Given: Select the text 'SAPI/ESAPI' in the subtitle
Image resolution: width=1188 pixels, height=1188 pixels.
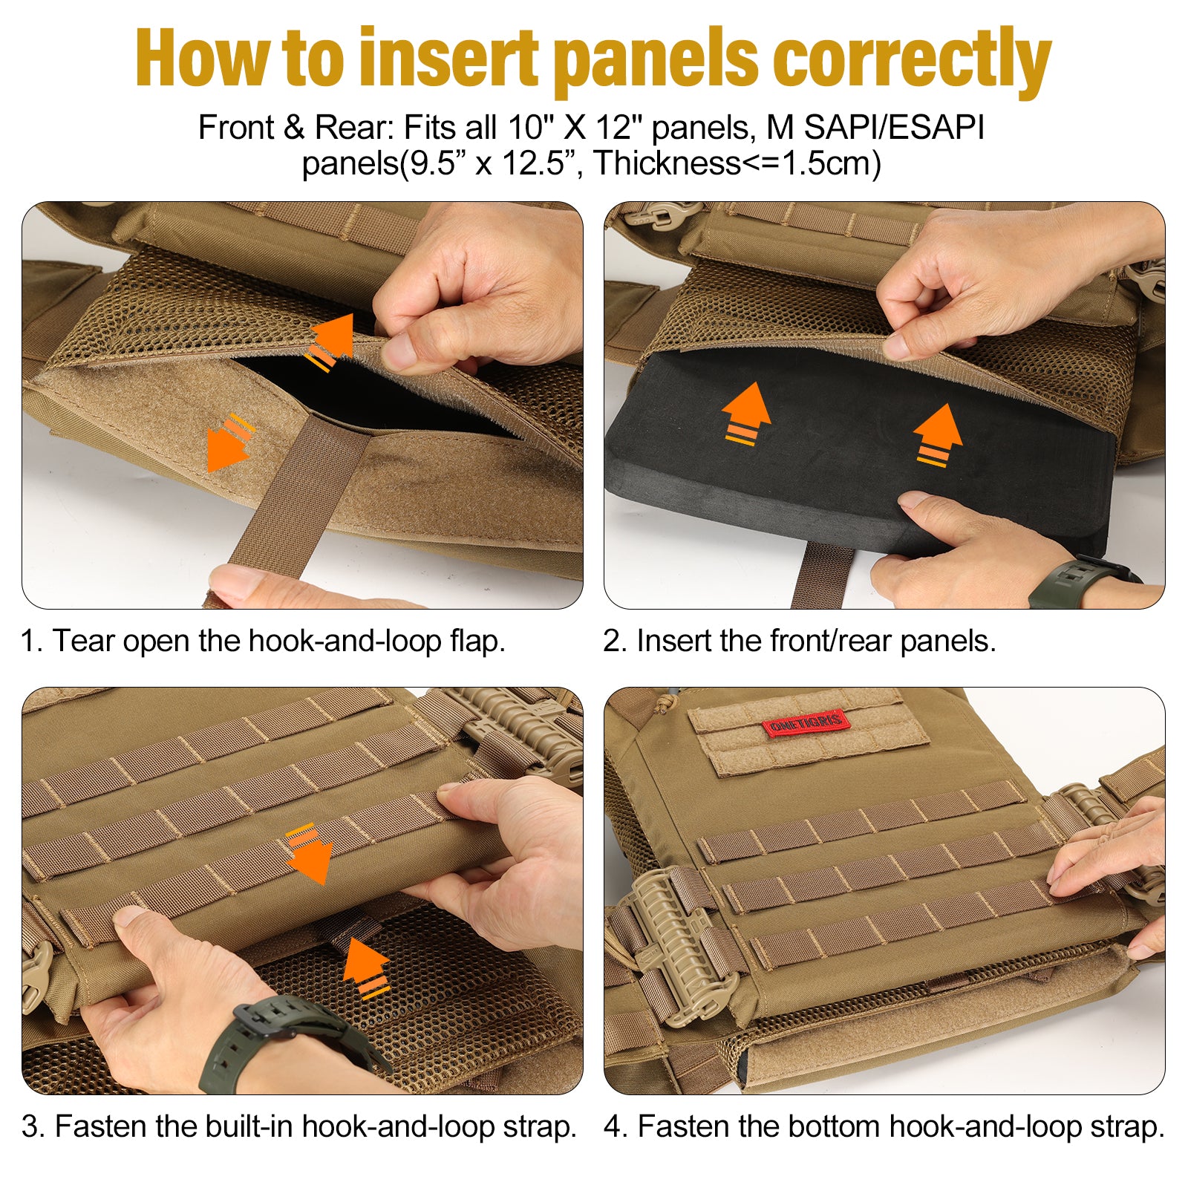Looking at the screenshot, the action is point(894,128).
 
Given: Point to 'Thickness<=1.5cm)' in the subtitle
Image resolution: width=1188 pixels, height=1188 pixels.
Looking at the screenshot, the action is point(737,163).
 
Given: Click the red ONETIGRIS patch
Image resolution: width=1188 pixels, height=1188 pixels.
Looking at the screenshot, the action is point(805,723).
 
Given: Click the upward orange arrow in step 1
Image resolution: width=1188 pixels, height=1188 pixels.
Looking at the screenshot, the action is point(331,342).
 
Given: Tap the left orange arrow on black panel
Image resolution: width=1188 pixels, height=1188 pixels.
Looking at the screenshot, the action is point(745,414).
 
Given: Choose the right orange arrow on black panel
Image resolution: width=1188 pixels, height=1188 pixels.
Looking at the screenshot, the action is point(938,435).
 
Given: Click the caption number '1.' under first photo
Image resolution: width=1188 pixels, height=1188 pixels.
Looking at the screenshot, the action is point(33,642).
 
